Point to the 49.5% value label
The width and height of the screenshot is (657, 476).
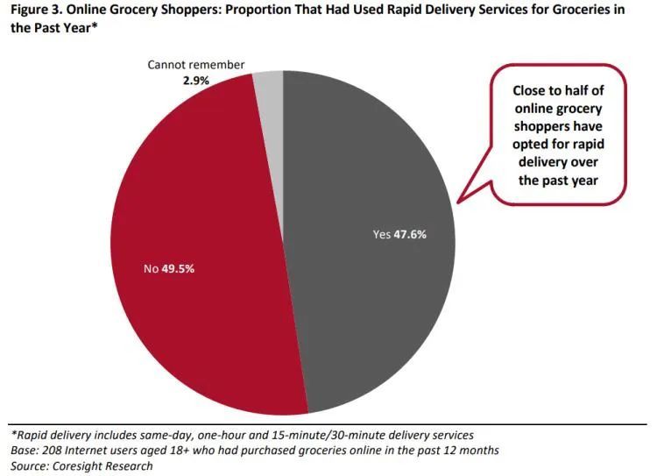[x=178, y=268]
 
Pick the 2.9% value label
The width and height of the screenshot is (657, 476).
[x=195, y=80]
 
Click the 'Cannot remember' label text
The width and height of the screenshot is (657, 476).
[x=195, y=65]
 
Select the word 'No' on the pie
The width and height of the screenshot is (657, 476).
[x=151, y=268]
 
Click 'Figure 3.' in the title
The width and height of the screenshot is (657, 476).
[x=38, y=11]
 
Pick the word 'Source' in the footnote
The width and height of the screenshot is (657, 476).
[x=30, y=466]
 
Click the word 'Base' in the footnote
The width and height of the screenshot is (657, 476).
[x=25, y=450]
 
